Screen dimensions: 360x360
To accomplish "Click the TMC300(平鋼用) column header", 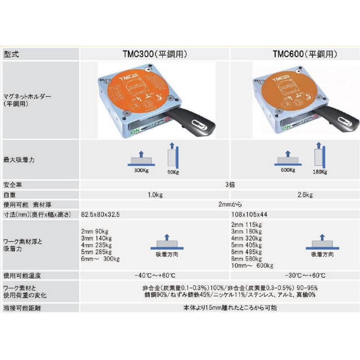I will pos(154,54).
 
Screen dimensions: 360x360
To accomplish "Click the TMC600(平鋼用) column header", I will pos(306,54).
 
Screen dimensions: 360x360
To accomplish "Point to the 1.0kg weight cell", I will pos(154,195).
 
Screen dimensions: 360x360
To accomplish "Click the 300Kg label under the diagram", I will pos(142,170).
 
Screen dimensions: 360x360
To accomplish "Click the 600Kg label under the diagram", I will pos(288,170).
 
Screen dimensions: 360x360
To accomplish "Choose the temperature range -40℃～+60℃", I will pos(154,276).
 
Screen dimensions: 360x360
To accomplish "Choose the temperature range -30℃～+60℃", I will pos(306,276).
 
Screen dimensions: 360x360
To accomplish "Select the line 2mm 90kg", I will pos(95,232).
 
